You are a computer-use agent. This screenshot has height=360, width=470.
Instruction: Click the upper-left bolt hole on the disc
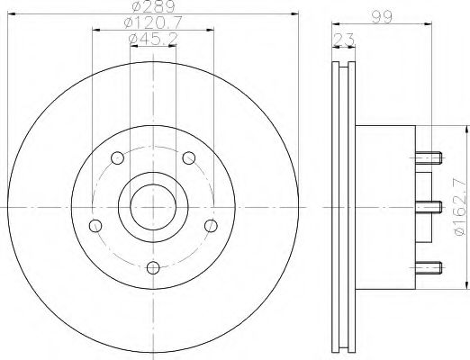pyautogui.click(x=117, y=158)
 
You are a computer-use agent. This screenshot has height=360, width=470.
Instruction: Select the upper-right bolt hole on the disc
pyautogui.click(x=188, y=158)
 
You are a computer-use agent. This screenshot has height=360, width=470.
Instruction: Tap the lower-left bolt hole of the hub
pyautogui.click(x=95, y=226)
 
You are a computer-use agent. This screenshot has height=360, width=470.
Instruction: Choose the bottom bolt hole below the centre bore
pyautogui.click(x=153, y=267)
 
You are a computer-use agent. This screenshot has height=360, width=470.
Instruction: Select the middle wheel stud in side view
pyautogui.click(x=429, y=207)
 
